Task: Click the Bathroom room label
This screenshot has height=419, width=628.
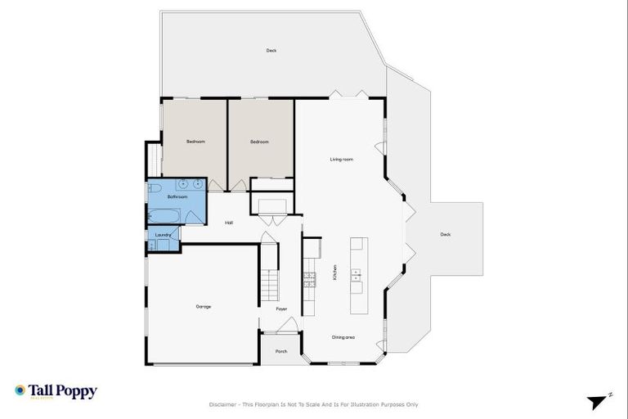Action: coord(177,197)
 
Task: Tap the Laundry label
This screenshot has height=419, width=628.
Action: coord(163,236)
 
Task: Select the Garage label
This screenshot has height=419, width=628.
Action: coord(204,307)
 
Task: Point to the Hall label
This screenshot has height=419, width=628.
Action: coord(230,223)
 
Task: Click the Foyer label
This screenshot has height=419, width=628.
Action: coord(280,309)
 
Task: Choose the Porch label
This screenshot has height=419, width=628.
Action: coord(280,350)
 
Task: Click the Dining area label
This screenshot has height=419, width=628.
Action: coord(343,337)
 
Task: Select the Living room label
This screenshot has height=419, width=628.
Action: coord(341,160)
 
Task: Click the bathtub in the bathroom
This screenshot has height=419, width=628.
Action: coord(161,216)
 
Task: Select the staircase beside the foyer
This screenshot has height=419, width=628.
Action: coord(269,284)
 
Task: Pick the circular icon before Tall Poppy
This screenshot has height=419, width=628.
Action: coord(20,391)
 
